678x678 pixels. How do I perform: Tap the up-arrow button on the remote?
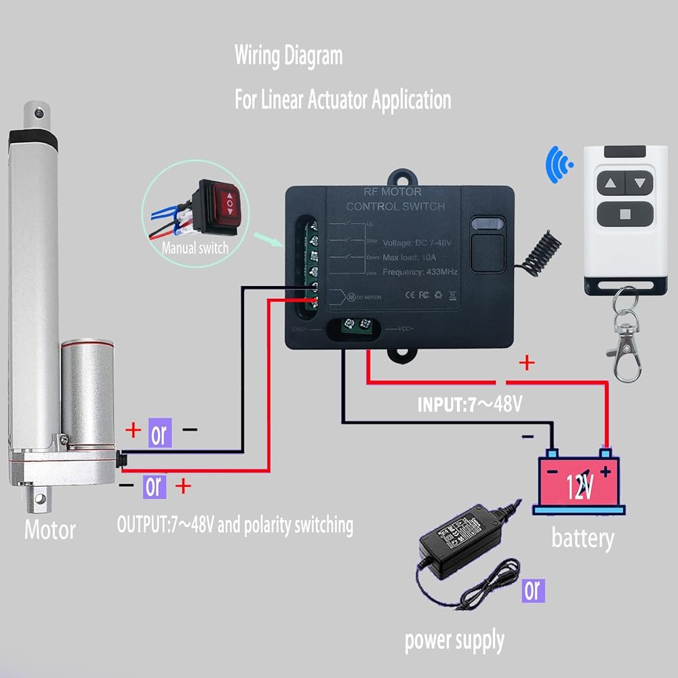[x=610, y=182]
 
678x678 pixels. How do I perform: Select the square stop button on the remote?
[x=624, y=216]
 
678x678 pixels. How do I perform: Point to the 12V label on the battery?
[x=580, y=483]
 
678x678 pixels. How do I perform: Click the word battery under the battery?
[x=582, y=538]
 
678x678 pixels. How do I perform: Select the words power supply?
[x=454, y=639]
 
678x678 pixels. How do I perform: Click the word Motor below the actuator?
[x=50, y=530]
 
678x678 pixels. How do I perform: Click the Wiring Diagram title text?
[x=288, y=56]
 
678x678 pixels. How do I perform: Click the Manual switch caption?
[x=195, y=248]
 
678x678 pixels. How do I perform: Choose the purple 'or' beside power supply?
[x=534, y=590]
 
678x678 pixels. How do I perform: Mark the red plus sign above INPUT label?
[x=526, y=363]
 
